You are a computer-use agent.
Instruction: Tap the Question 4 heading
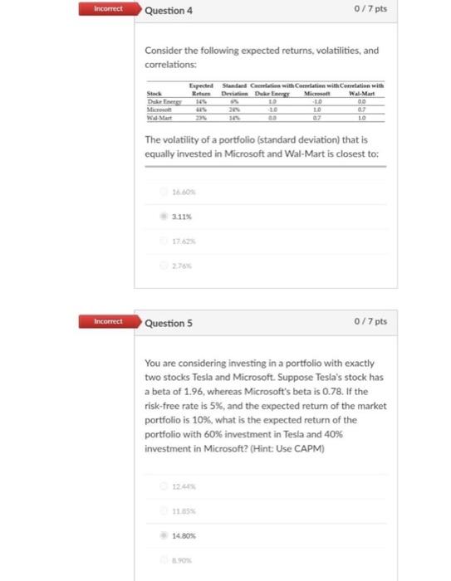168,12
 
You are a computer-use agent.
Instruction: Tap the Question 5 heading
168,322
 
